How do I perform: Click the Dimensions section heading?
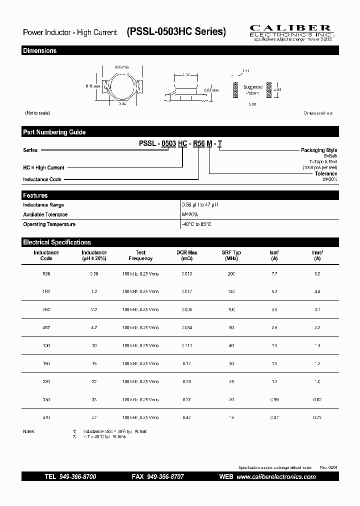click(x=40, y=50)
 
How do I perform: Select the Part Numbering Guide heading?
click(x=54, y=132)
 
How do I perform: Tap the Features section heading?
click(x=35, y=195)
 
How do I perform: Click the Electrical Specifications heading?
click(x=57, y=242)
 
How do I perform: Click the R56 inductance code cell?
click(x=46, y=274)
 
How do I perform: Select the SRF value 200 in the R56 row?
click(x=231, y=274)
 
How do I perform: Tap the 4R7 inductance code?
click(x=46, y=327)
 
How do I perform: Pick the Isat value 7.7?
click(x=273, y=274)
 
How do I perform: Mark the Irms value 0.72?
click(x=316, y=417)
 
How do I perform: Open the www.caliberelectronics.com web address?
click(x=276, y=477)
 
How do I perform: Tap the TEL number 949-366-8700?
click(x=77, y=477)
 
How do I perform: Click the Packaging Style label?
click(x=319, y=150)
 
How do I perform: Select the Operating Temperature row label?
click(x=49, y=224)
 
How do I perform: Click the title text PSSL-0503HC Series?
click(x=176, y=32)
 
